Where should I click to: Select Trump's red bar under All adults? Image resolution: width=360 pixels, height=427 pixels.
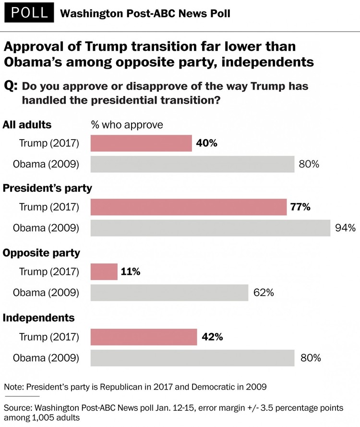pos(141,143)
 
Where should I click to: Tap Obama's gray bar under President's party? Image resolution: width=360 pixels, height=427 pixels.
pos(210,228)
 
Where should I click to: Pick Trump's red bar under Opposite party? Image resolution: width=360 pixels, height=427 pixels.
pos(104,272)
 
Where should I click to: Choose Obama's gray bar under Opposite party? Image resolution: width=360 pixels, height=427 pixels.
pos(169,292)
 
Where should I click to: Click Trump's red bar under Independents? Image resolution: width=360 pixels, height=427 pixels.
pos(144,337)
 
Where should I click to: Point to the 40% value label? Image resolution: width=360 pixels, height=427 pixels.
pos(207,143)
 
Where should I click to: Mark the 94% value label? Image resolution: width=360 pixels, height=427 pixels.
pos(345,228)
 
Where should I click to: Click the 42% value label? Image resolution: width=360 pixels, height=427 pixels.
pos(212,337)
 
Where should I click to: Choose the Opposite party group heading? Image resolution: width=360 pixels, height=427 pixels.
pos(41,253)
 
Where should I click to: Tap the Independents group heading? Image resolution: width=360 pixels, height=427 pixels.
pos(39,318)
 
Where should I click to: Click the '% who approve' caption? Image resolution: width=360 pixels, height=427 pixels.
pos(127,125)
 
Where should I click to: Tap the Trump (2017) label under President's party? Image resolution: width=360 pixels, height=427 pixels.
pos(49,207)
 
